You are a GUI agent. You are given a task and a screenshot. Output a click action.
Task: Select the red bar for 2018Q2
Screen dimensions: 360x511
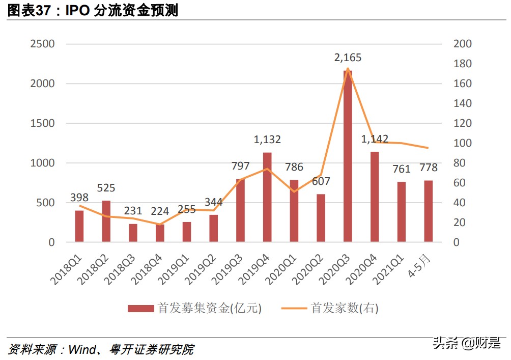106,221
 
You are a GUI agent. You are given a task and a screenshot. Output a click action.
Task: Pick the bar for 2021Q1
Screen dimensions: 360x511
402,212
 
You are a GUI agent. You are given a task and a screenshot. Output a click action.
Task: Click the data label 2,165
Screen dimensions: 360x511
348,58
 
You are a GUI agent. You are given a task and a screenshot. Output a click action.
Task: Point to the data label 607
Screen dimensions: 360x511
321,181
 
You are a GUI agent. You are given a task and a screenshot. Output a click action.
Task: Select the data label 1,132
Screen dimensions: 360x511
267,140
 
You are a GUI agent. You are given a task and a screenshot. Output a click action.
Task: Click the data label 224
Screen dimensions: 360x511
160,211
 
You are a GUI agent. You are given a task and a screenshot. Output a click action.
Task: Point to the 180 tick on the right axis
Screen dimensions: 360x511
463,64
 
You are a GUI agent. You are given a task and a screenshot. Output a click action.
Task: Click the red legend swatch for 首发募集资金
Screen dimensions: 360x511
140,308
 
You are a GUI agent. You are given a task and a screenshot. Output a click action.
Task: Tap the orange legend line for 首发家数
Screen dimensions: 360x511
294,308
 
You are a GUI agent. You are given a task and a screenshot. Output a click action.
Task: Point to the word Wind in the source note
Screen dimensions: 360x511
82,350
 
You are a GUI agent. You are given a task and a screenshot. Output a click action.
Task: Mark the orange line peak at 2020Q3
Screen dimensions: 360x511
348,68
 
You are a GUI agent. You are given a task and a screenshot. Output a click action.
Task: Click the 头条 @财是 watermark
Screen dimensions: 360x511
466,343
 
